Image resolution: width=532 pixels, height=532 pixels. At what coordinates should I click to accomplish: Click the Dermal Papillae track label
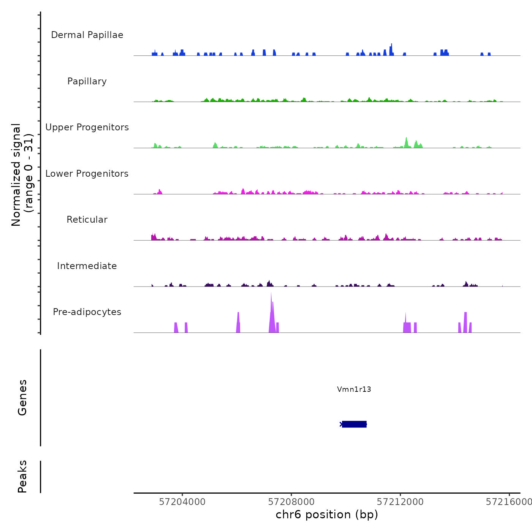click(87, 35)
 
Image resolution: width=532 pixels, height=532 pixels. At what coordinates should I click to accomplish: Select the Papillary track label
click(87, 81)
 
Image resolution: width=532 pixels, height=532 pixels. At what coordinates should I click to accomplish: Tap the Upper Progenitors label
click(87, 127)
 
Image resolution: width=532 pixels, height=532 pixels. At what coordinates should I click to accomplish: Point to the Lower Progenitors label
click(87, 174)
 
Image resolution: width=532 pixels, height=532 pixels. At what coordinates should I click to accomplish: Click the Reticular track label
click(87, 220)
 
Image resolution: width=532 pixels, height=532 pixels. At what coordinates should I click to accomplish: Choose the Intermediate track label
click(87, 266)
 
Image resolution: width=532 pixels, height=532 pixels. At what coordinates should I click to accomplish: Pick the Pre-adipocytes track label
click(87, 312)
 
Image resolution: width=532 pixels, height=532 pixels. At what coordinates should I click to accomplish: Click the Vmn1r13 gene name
click(354, 389)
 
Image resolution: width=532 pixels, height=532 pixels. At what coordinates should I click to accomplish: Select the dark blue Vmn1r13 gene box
click(354, 424)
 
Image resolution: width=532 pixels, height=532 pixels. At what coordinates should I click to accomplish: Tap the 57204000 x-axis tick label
click(182, 502)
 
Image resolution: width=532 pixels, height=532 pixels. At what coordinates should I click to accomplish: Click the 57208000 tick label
click(291, 502)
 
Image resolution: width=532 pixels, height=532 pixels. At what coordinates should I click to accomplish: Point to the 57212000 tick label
click(400, 502)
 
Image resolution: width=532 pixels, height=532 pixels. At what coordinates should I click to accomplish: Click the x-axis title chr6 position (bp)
click(327, 515)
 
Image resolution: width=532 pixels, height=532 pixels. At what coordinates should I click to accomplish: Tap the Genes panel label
click(22, 397)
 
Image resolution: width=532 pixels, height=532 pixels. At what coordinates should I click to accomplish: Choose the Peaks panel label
click(22, 477)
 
